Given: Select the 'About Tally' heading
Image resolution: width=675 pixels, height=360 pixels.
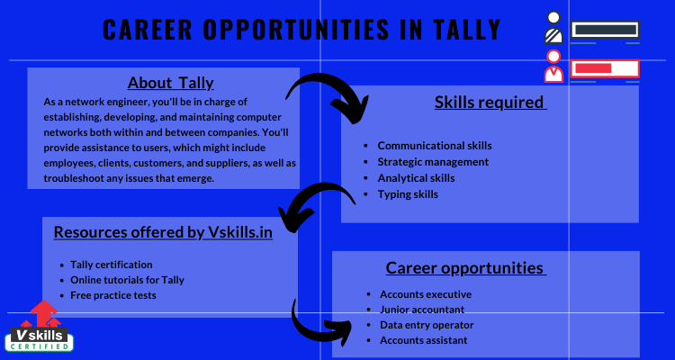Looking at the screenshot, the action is pyautogui.click(x=170, y=83).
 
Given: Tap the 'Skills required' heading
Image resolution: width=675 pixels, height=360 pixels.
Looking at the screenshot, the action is pyautogui.click(x=490, y=103).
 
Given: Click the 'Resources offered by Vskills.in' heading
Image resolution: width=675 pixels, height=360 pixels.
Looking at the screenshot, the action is pyautogui.click(x=163, y=232).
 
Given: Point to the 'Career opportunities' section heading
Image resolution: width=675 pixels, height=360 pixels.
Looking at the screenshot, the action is pyautogui.click(x=466, y=268).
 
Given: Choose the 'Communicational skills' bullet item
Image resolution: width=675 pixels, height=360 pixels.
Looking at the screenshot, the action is pyautogui.click(x=435, y=146).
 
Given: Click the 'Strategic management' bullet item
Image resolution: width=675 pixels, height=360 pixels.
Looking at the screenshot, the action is pyautogui.click(x=433, y=162).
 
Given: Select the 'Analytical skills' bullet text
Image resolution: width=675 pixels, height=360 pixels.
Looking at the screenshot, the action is pyautogui.click(x=416, y=178).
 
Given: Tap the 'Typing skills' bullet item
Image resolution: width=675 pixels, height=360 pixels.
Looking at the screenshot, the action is pyautogui.click(x=408, y=194).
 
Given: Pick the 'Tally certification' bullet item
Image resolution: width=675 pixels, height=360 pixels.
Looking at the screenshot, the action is pyautogui.click(x=111, y=265).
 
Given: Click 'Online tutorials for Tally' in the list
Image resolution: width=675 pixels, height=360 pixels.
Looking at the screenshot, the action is pyautogui.click(x=127, y=280).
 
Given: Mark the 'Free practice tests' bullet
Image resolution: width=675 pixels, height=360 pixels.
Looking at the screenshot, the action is pyautogui.click(x=112, y=295).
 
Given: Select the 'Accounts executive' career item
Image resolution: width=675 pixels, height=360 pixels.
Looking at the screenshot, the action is pyautogui.click(x=426, y=294).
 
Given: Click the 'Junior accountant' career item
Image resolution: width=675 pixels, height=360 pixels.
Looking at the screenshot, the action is pyautogui.click(x=422, y=310).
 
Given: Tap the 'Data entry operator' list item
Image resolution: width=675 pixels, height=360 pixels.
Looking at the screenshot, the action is pyautogui.click(x=427, y=325).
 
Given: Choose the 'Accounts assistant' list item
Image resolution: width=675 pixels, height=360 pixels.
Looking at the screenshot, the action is pyautogui.click(x=423, y=340).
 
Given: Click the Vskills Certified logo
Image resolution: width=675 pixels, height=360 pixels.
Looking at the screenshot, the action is pyautogui.click(x=41, y=326).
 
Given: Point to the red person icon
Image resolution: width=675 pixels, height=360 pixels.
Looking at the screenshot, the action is pyautogui.click(x=553, y=67).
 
